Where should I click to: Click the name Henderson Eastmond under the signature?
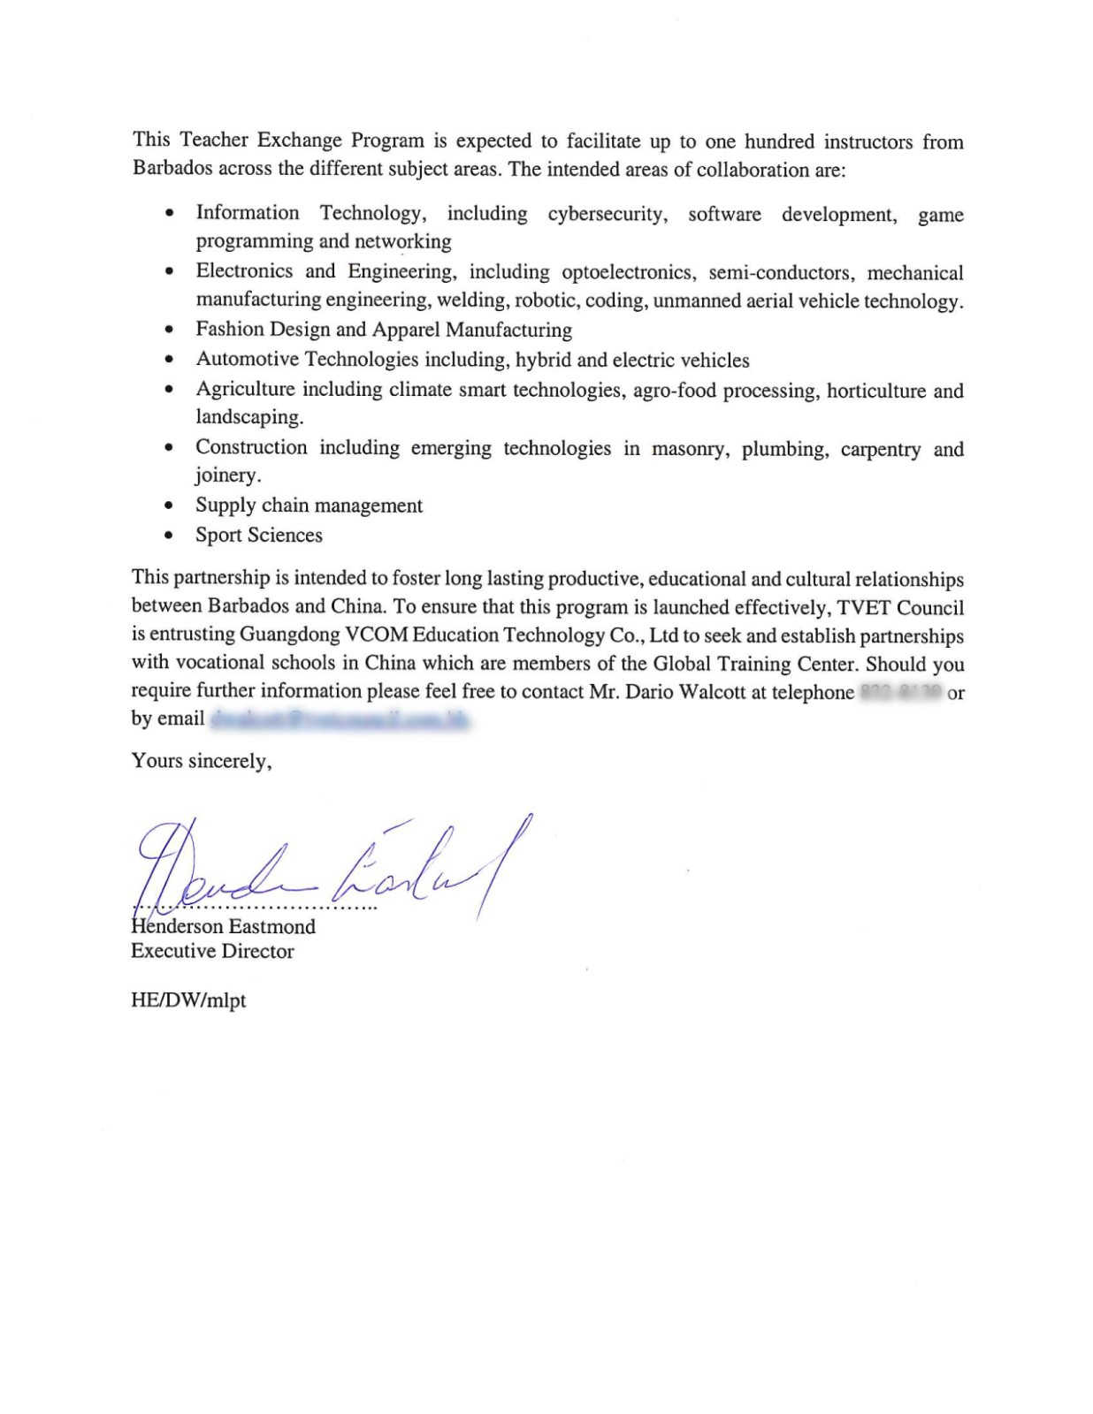point(223,926)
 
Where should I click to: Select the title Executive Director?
point(212,951)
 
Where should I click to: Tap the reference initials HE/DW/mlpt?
point(188,1000)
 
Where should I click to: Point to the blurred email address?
point(340,719)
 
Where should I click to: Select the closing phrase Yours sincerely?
point(202,761)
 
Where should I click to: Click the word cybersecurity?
point(608,214)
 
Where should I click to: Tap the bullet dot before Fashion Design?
point(169,331)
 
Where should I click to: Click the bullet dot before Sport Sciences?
point(169,536)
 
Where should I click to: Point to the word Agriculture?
point(245,390)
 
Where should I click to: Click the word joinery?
point(227,475)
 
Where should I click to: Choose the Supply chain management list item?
point(309,506)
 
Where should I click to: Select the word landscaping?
point(249,417)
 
